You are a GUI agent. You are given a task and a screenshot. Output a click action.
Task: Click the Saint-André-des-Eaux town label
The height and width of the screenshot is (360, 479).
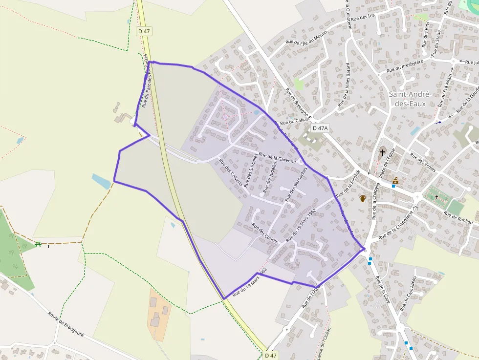[410, 99]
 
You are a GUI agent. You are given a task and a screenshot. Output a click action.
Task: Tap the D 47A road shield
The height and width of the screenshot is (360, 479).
[321, 128]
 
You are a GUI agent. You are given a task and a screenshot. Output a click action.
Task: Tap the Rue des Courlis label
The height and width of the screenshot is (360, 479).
[264, 233]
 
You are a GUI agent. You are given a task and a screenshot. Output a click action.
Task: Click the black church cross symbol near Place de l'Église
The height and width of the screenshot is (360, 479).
[382, 152]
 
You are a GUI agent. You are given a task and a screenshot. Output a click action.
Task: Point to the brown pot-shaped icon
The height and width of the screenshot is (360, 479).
[363, 198]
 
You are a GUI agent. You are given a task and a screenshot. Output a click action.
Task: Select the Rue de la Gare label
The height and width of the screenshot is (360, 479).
[382, 290]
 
